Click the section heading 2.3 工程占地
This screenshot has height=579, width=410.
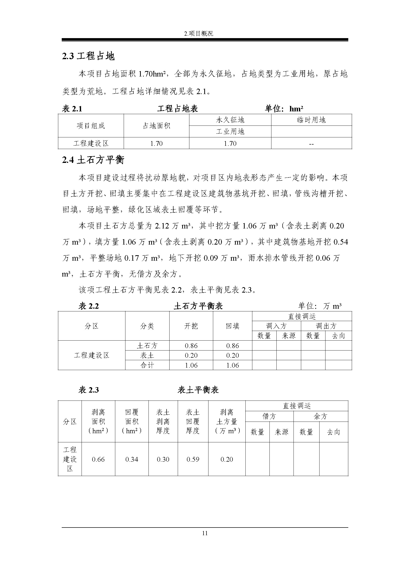[x=88, y=56]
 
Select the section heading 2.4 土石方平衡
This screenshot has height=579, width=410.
[x=93, y=160]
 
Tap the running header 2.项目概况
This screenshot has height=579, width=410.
[x=199, y=33]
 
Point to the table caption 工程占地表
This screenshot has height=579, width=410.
[x=177, y=109]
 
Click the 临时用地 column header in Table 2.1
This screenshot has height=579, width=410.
[x=311, y=120]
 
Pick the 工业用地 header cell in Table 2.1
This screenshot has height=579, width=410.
[x=230, y=131]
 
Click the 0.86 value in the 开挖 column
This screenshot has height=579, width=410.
[x=191, y=346]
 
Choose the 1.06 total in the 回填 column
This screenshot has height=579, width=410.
[x=233, y=365]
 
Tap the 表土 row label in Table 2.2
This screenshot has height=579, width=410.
[x=147, y=355]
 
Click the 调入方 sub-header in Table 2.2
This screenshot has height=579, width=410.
[x=276, y=326]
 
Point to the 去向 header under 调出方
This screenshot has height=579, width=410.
[x=338, y=336]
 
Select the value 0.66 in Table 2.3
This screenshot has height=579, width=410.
[x=98, y=459]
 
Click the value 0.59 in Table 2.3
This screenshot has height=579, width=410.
[x=193, y=459]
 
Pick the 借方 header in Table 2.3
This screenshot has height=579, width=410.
[x=269, y=416]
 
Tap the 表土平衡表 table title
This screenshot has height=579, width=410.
[x=198, y=390]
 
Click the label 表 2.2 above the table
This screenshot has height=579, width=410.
[x=88, y=306]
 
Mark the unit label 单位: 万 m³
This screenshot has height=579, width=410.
[x=320, y=306]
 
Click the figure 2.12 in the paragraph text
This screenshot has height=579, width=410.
[x=162, y=226]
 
